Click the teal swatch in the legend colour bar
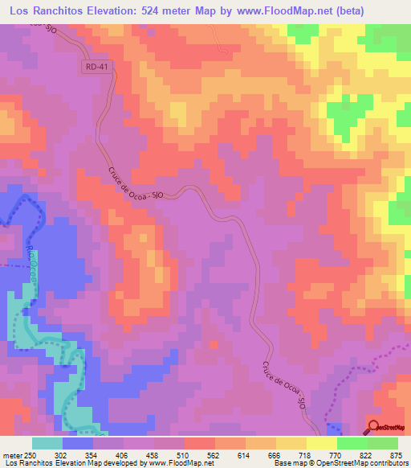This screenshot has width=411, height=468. click(47, 443)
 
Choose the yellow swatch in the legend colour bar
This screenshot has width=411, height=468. click(322, 443)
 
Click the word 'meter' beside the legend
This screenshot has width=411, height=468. click(11, 454)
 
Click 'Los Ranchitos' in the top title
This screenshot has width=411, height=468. click(40, 11)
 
